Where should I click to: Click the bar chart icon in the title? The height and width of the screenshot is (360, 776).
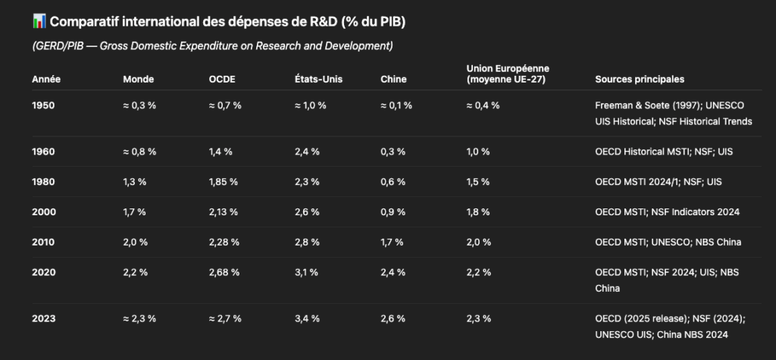click(39, 20)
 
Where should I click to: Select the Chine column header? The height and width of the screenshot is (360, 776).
click(393, 79)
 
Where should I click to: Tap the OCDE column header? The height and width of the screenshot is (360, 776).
click(221, 79)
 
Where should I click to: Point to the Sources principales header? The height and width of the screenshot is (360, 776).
click(640, 79)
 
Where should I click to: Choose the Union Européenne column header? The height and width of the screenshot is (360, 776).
click(507, 74)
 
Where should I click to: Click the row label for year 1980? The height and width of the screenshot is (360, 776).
click(43, 182)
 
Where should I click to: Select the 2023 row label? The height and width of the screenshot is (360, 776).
click(43, 318)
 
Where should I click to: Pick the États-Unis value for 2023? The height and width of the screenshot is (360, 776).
click(307, 318)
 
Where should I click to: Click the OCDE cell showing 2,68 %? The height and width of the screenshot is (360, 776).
click(224, 273)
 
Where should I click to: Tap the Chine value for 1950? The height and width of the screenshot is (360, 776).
click(396, 105)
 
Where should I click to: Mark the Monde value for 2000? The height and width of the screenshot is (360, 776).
click(135, 212)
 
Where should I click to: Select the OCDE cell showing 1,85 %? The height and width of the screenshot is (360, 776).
click(224, 182)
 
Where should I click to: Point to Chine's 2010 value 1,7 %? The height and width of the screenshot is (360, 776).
click(393, 243)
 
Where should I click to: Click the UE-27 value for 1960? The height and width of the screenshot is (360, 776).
click(479, 152)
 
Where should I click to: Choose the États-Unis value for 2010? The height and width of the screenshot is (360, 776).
click(307, 243)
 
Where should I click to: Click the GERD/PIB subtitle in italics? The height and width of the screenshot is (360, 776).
click(212, 46)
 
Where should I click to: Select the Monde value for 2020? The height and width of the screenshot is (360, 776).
click(135, 273)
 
